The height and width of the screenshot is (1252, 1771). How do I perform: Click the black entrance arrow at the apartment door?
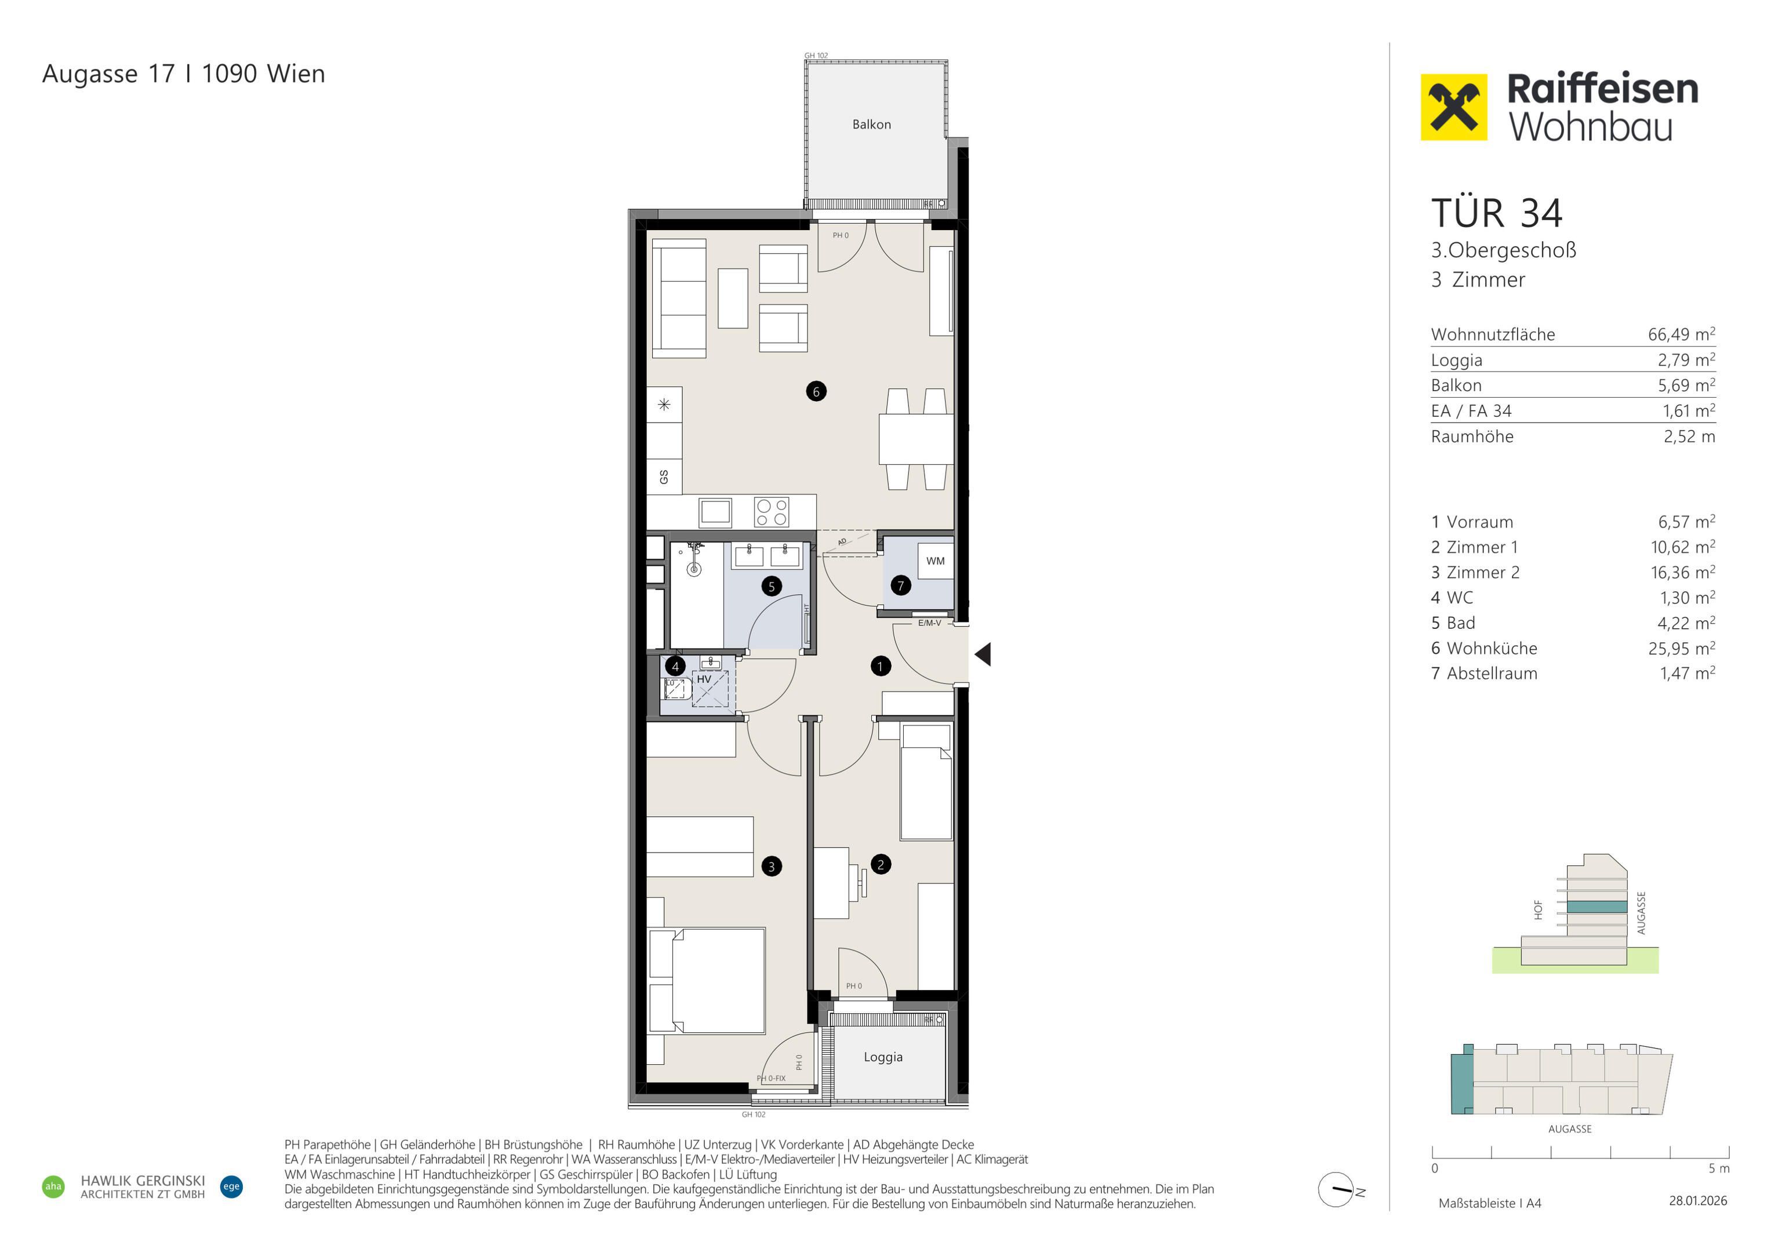983,655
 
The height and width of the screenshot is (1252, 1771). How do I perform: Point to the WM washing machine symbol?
935,561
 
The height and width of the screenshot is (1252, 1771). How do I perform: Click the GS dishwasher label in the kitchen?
663,476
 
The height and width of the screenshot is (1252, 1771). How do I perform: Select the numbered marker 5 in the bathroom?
772,586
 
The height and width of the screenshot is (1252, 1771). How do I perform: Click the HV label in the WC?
703,679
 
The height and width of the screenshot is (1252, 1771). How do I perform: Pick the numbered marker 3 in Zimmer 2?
772,867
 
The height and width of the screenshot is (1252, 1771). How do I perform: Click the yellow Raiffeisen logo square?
1454,107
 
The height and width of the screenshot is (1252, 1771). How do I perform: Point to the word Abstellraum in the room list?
1492,674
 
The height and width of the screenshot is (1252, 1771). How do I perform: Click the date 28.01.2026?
1698,1200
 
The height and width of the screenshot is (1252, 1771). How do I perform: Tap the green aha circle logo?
53,1187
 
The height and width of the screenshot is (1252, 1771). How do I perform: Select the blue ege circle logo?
231,1187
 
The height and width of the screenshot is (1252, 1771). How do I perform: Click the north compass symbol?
1336,1189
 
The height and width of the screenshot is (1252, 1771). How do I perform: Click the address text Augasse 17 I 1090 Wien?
184,74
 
